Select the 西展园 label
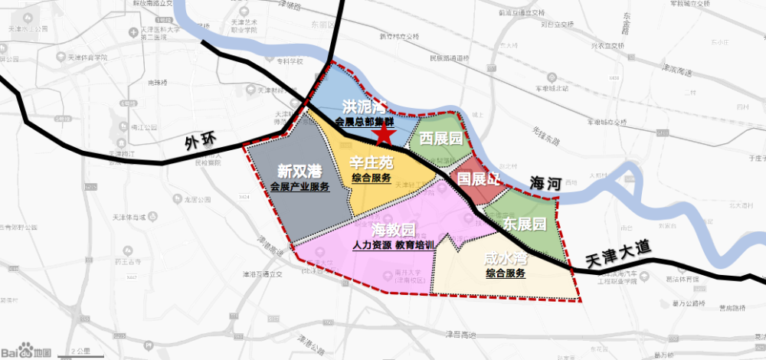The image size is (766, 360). pos(440,139)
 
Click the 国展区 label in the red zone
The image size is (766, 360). pos(478,178)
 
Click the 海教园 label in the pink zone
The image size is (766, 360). pos(393,230)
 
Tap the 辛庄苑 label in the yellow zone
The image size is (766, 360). pos(371,162)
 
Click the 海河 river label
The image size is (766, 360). pos(546,182)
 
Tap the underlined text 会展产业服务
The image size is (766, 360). pos(300,186)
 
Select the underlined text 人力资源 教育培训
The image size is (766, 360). pos(394,245)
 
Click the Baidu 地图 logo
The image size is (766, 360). pos(26,351)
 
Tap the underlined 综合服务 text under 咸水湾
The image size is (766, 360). pos(505,273)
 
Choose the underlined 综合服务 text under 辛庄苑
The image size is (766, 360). pos(372,178)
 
